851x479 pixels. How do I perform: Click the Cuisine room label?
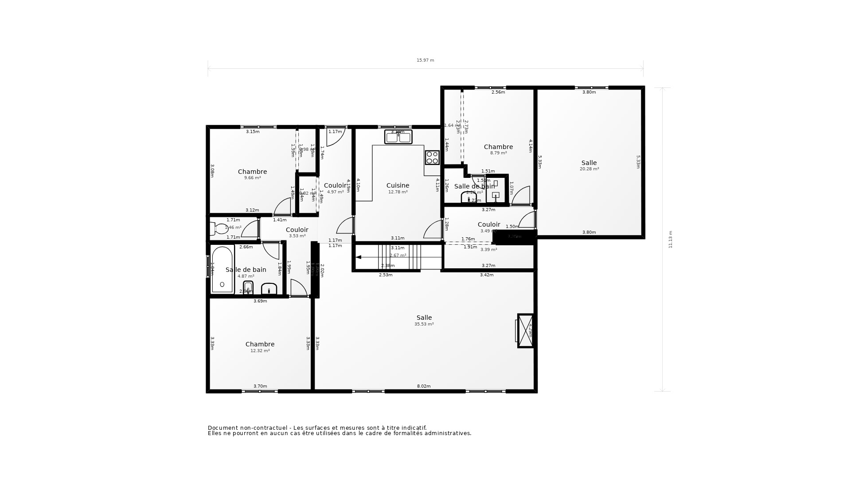coord(398,185)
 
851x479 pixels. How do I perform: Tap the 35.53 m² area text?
coord(424,324)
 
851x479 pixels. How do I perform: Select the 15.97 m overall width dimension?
coord(425,60)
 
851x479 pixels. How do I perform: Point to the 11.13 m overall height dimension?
coord(670,239)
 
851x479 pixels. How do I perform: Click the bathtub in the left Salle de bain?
coord(222,270)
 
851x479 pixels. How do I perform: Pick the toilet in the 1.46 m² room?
coord(219,228)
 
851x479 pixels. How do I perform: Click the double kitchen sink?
coord(398,137)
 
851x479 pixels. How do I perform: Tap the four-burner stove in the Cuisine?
coord(432,157)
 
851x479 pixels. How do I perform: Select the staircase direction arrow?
coord(359,257)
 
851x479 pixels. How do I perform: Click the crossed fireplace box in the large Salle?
coord(526,331)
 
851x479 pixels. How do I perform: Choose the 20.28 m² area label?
coord(589,169)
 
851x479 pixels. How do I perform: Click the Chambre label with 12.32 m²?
coord(260,344)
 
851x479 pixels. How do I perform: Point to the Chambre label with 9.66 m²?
coord(252,172)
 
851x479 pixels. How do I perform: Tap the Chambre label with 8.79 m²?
coord(498,147)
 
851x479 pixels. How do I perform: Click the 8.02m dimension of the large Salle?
coord(424,386)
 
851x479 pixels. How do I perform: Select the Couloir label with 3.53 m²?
coord(297,230)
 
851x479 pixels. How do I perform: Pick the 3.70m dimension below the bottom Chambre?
coord(260,386)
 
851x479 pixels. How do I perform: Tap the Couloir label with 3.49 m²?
coord(489,224)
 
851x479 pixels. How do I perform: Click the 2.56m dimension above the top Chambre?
coord(498,92)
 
